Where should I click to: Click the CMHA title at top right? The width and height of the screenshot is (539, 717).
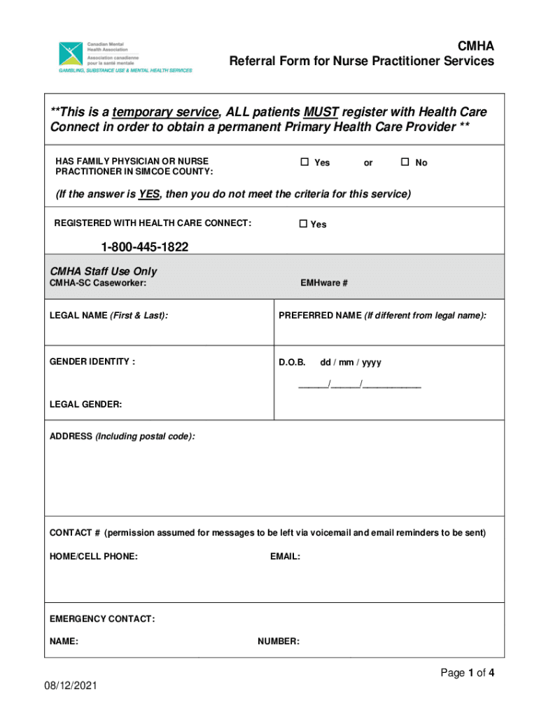475,46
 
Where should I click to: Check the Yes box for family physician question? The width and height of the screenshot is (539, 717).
304,162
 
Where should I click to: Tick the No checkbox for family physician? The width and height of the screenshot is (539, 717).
405,162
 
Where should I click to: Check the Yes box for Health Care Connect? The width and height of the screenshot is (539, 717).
303,224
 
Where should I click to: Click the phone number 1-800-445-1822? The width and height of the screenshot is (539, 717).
144,247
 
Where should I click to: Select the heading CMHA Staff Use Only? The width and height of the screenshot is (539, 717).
103,271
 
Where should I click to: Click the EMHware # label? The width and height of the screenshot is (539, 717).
324,283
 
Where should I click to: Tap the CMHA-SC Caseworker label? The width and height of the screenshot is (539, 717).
97,283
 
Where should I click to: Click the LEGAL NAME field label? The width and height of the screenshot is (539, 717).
108,316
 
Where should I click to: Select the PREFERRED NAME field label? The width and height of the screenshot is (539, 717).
381,316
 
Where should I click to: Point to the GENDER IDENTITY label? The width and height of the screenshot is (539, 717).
92,362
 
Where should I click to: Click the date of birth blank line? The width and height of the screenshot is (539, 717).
360,384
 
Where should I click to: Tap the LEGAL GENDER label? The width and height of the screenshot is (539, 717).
85,404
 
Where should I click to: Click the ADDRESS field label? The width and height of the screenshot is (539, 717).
122,436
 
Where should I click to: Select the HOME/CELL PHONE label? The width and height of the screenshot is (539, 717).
93,557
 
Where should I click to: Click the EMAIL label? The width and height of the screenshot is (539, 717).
285,557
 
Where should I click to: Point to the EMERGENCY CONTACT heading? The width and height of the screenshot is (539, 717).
101,619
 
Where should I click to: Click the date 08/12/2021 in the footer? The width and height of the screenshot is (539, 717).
69,686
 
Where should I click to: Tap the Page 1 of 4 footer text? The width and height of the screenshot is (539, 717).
467,673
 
